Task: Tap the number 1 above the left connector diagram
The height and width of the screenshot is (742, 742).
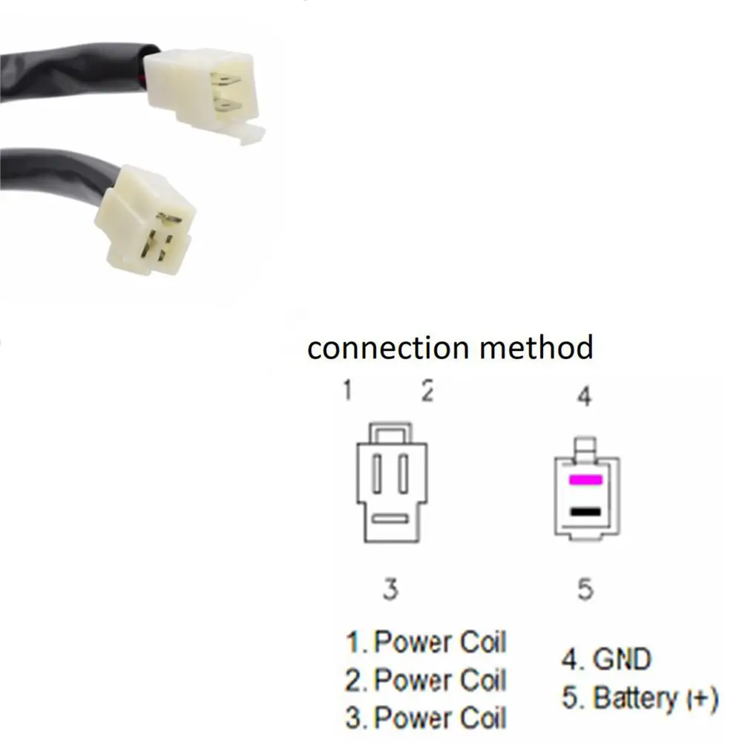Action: click(347, 390)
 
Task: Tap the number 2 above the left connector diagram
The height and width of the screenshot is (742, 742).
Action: click(427, 390)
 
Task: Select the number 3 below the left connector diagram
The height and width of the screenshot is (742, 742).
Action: click(390, 589)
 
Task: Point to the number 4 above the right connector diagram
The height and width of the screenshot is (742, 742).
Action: click(585, 396)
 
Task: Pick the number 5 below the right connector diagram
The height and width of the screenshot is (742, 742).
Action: click(585, 590)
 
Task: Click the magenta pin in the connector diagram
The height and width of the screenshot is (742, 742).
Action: click(585, 481)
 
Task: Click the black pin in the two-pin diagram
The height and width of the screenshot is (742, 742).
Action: click(585, 511)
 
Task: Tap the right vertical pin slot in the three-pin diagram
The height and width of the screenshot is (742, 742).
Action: click(403, 474)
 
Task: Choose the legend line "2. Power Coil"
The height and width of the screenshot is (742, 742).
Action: click(425, 680)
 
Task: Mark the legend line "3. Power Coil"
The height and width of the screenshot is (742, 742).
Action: click(425, 718)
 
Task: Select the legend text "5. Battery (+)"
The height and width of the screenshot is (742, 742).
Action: click(639, 698)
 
